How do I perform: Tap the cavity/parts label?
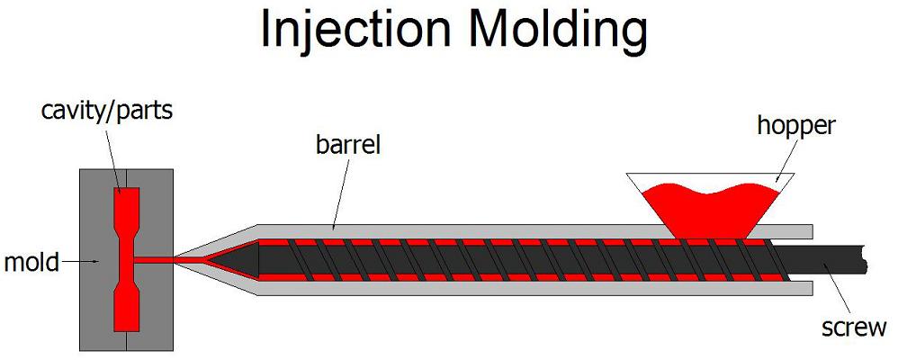click(106, 111)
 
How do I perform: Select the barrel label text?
click(348, 145)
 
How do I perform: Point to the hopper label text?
click(795, 125)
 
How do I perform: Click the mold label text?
click(31, 263)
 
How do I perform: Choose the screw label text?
click(854, 328)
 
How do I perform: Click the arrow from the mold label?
click(79, 262)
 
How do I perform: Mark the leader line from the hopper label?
click(788, 161)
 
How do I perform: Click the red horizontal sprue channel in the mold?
click(154, 260)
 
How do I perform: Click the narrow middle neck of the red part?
click(127, 259)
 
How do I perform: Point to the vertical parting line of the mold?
click(126, 260)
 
